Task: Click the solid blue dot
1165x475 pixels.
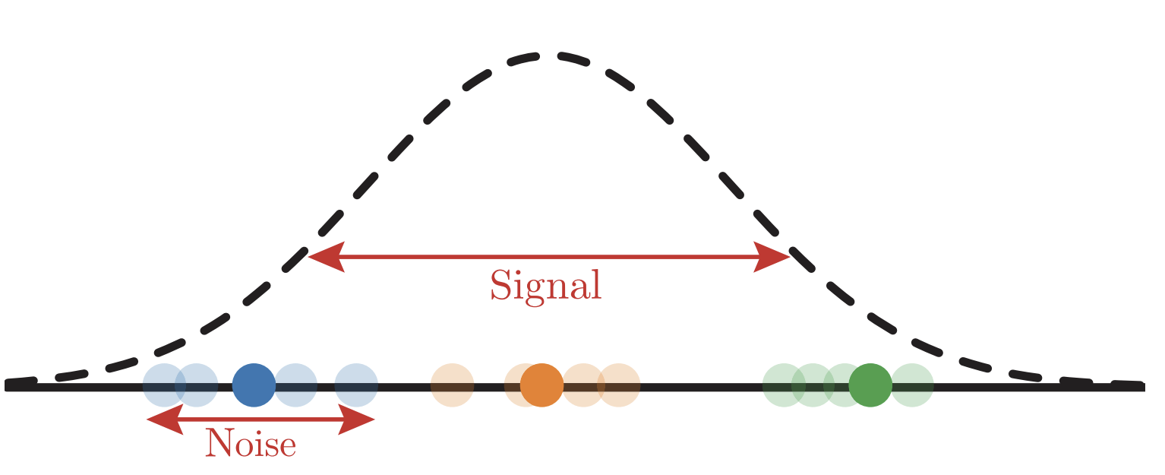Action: click(254, 385)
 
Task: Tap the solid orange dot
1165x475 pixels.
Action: click(541, 385)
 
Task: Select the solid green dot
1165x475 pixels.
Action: click(870, 385)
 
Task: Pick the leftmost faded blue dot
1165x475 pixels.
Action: click(164, 385)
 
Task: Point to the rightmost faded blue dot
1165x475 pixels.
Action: click(356, 385)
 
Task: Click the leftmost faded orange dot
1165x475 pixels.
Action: click(453, 385)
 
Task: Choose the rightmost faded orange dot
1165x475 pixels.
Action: click(619, 385)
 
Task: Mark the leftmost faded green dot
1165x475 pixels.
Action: click(783, 385)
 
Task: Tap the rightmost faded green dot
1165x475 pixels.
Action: click(911, 385)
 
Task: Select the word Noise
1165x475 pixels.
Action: click(251, 444)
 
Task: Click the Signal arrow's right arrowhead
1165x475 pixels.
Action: click(772, 258)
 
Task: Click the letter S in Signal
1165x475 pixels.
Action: click(500, 286)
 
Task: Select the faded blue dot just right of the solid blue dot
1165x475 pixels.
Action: click(295, 385)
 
